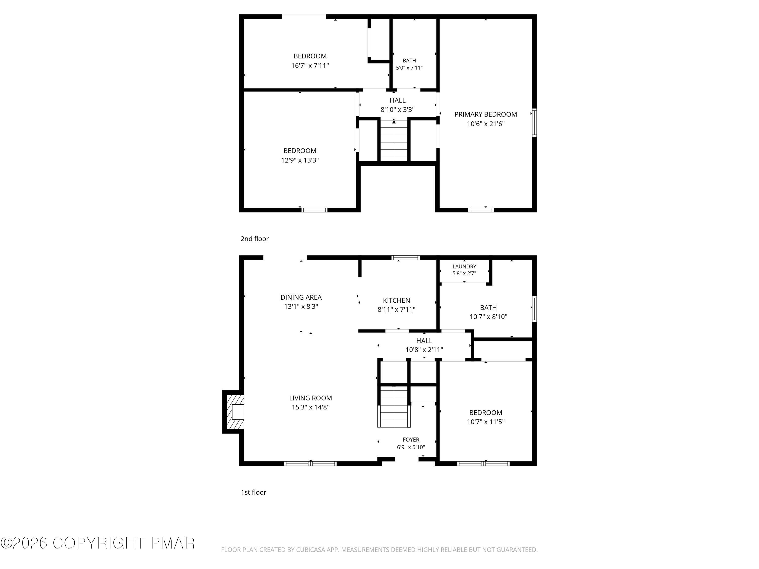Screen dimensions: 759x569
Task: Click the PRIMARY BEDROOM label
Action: tap(486, 115)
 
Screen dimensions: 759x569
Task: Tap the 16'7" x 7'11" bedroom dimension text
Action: tap(310, 65)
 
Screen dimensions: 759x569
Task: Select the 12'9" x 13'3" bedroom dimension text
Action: tap(300, 160)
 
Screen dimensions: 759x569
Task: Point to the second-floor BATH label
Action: tap(409, 61)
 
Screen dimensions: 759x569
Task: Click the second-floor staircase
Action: tap(394, 140)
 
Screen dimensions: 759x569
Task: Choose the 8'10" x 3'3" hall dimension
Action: tap(397, 110)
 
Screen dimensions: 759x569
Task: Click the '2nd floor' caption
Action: tap(255, 239)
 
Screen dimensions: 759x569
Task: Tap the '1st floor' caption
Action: tap(254, 492)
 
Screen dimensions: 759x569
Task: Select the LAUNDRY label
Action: tap(464, 267)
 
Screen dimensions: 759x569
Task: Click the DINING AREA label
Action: tap(301, 297)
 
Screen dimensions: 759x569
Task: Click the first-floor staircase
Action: tap(394, 407)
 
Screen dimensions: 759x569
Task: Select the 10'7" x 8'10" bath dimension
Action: tap(488, 317)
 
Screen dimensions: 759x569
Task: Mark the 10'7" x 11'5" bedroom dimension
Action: tap(486, 422)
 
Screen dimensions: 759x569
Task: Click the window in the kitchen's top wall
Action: tap(406, 258)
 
